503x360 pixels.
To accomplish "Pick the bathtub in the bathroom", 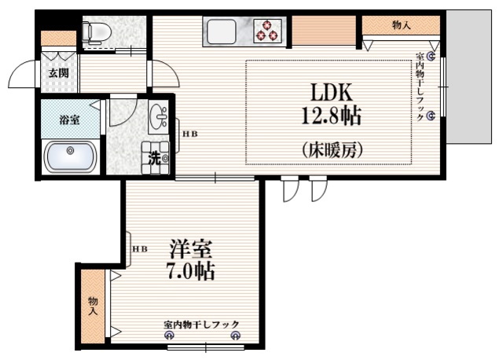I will [x=71, y=156].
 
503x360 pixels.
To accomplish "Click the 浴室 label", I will [x=69, y=120].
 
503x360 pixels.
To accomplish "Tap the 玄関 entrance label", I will [x=57, y=73].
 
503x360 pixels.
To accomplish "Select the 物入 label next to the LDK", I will [x=401, y=25].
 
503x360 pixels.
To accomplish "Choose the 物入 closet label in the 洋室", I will [x=93, y=307].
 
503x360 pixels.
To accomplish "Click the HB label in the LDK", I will [x=190, y=134].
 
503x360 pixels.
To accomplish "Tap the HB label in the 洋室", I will [x=140, y=250].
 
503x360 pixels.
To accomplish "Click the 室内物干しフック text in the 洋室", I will [x=201, y=325].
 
